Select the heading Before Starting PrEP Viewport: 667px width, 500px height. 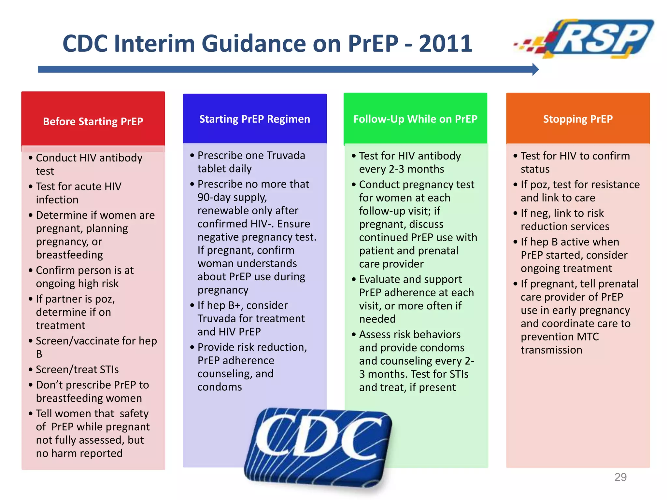(93, 121)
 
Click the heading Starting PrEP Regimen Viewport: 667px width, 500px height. (254, 119)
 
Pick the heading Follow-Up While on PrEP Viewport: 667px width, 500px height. (415, 119)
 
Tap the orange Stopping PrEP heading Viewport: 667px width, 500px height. (578, 119)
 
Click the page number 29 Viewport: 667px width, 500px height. (620, 477)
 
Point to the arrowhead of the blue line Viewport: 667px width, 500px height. (535, 69)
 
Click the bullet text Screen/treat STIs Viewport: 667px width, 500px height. (77, 369)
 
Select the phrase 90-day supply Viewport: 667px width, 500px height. (232, 198)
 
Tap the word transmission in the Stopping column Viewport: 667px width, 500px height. (551, 350)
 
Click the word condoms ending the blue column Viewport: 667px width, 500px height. (220, 387)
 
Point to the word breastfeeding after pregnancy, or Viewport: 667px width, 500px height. (69, 255)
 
